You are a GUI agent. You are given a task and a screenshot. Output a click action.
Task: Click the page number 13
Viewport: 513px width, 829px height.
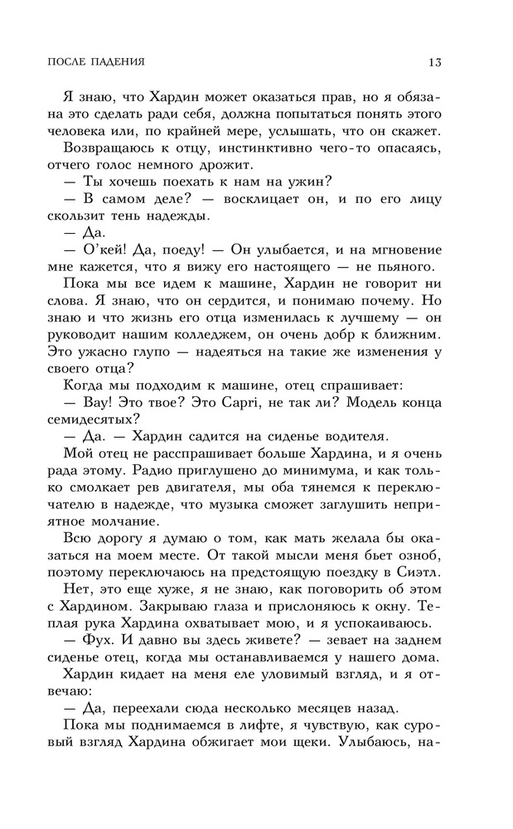[x=433, y=61]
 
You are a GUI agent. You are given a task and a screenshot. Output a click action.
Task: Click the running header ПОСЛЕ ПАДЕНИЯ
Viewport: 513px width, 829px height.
[x=92, y=61]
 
